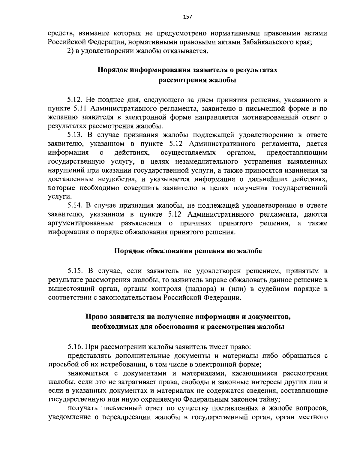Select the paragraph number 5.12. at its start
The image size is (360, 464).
pyautogui.click(x=76, y=99)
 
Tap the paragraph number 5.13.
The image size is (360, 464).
pyautogui.click(x=76, y=135)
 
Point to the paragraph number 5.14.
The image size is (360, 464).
pyautogui.click(x=76, y=206)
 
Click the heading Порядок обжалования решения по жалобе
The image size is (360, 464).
pyautogui.click(x=188, y=251)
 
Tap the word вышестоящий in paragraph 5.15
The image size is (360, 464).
pyautogui.click(x=67, y=289)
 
